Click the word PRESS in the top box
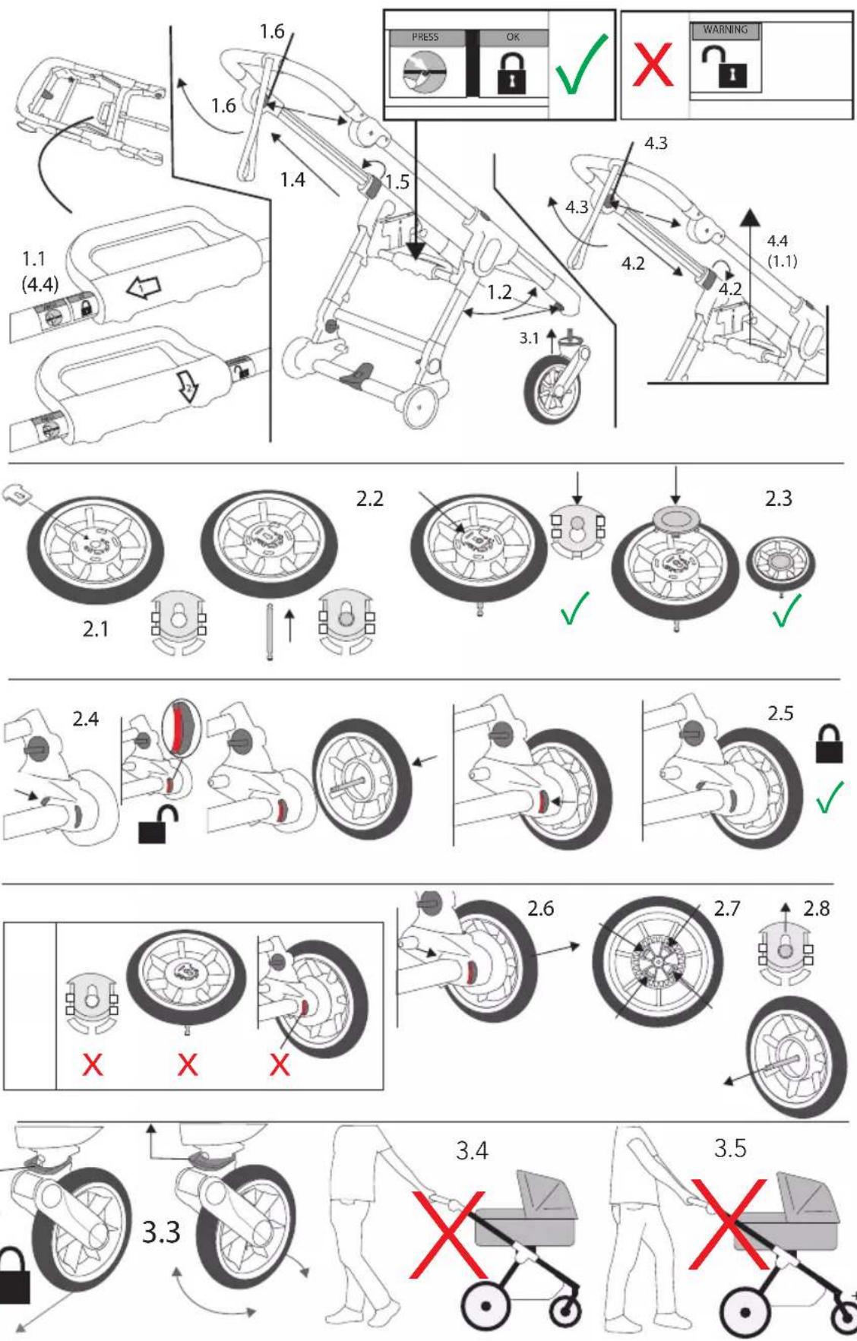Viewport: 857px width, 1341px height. pyautogui.click(x=425, y=36)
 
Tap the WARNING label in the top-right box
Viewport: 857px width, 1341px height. pyautogui.click(x=725, y=30)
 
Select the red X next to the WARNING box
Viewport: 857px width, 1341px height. pyautogui.click(x=653, y=65)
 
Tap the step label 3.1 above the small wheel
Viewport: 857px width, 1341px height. pyautogui.click(x=529, y=338)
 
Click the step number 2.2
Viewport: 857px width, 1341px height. pyautogui.click(x=369, y=498)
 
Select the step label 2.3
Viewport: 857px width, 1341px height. pyautogui.click(x=778, y=498)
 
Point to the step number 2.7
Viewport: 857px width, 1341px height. pyautogui.click(x=726, y=908)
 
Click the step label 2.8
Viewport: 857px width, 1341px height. pyautogui.click(x=817, y=908)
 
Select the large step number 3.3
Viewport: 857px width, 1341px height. pyautogui.click(x=162, y=1232)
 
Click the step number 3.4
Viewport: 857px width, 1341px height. pyautogui.click(x=472, y=1150)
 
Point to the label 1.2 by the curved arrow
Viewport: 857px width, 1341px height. pyautogui.click(x=499, y=293)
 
